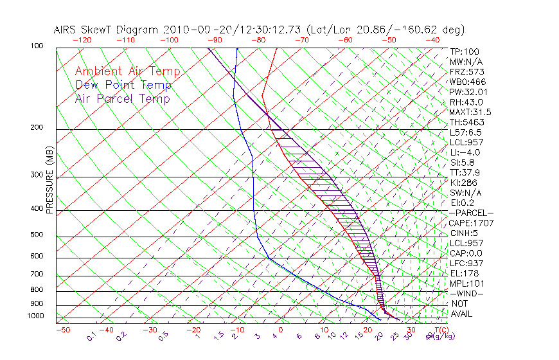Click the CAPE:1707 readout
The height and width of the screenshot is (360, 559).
click(x=470, y=223)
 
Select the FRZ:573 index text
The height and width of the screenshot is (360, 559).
click(x=466, y=72)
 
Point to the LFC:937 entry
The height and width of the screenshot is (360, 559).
click(x=466, y=263)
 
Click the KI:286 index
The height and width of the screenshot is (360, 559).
click(x=464, y=183)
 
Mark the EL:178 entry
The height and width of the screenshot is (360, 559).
click(x=464, y=273)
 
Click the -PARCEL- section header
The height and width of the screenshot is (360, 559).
click(x=472, y=213)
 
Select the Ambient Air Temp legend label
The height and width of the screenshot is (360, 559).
click(x=128, y=72)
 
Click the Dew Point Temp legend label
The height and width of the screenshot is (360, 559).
click(x=123, y=85)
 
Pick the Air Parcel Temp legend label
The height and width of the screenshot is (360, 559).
click(x=122, y=99)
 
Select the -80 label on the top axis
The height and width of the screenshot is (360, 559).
click(x=258, y=40)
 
